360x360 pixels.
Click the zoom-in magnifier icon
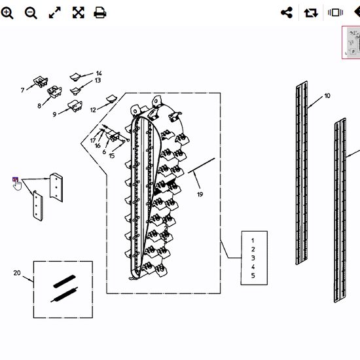click(x=7, y=12)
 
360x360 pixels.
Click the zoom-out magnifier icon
click(x=31, y=12)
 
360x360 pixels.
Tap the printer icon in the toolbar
click(x=100, y=12)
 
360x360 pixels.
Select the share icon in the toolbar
click(x=287, y=12)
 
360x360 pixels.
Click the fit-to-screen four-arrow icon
click(x=79, y=12)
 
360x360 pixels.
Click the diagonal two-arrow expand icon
click(x=55, y=12)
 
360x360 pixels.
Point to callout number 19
click(x=200, y=194)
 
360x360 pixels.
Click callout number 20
click(x=17, y=273)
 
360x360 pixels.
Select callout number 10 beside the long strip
click(x=327, y=96)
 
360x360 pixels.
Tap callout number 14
click(x=99, y=73)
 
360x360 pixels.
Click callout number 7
click(x=22, y=90)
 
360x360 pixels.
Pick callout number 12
click(x=93, y=110)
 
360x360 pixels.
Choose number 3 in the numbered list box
click(x=253, y=258)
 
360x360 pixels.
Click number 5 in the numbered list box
click(x=253, y=276)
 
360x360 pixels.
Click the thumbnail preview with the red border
click(x=351, y=43)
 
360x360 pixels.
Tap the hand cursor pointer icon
click(x=17, y=185)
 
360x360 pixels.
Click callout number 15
click(x=111, y=156)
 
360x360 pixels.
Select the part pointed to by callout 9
click(x=75, y=106)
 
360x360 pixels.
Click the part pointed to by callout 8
click(x=54, y=92)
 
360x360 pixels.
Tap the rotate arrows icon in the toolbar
click(x=311, y=12)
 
